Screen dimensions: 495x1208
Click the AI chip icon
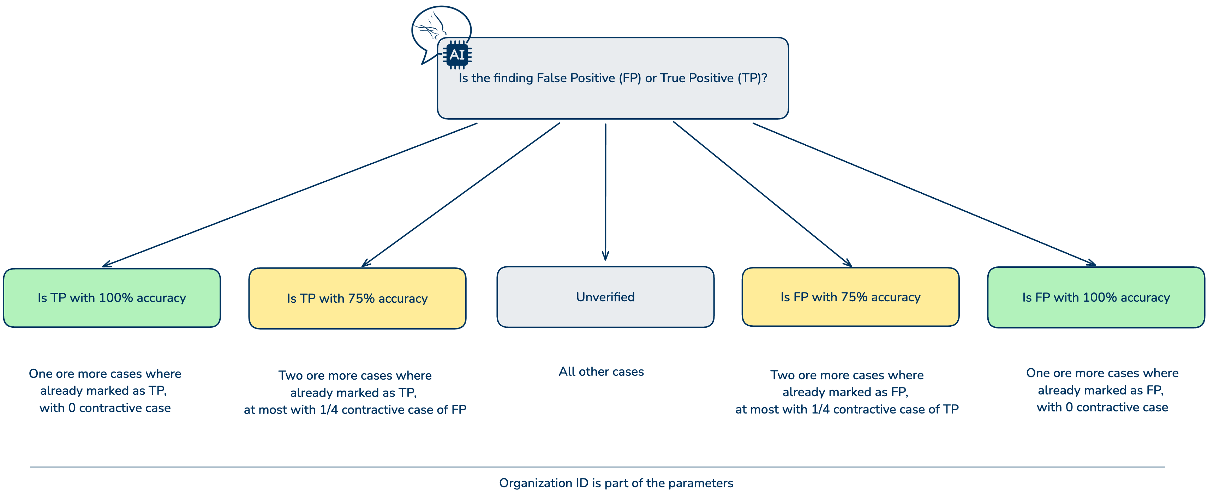[457, 55]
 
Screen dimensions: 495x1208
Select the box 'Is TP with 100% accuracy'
[112, 298]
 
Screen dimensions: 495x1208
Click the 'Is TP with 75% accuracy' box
[357, 298]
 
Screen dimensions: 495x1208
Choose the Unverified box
[605, 297]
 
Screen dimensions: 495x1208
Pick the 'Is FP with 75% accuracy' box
[850, 297]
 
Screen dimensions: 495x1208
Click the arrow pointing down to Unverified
[605, 192]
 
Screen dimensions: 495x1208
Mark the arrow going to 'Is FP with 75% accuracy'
[762, 194]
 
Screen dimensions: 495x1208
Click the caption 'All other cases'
[601, 372]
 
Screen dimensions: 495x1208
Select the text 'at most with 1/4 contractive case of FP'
[355, 410]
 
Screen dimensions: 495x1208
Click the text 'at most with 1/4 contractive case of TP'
[847, 409]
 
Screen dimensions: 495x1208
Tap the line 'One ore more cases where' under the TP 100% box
[105, 374]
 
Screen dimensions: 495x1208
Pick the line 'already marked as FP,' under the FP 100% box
[1101, 391]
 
